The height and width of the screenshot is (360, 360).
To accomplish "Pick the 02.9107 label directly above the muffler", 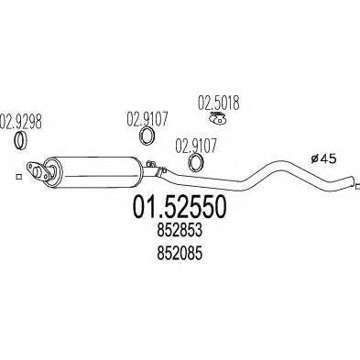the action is [144, 118].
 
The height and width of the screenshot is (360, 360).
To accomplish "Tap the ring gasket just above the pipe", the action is [195, 163].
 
